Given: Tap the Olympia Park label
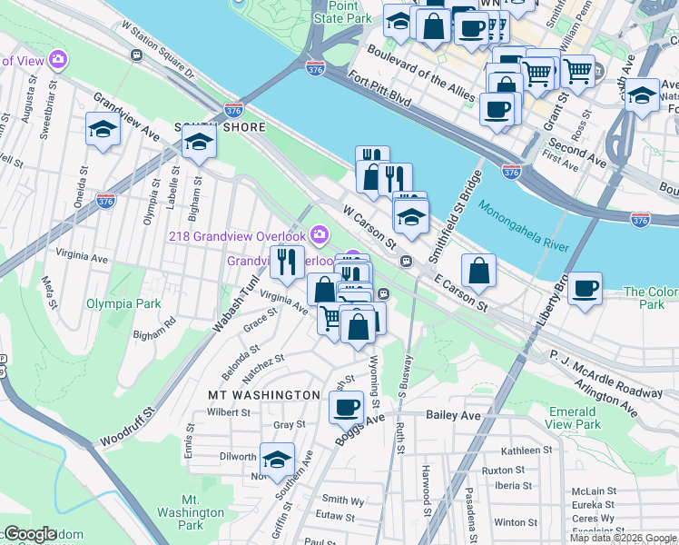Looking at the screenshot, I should (123, 303).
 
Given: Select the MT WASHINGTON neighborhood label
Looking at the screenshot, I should (263, 395).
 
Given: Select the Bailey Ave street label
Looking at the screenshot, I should (453, 415).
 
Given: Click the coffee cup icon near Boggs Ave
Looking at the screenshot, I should (346, 407).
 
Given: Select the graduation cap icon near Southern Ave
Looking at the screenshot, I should (277, 458).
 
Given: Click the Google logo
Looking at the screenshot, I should (30, 534).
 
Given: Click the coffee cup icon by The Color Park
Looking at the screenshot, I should (586, 288).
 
